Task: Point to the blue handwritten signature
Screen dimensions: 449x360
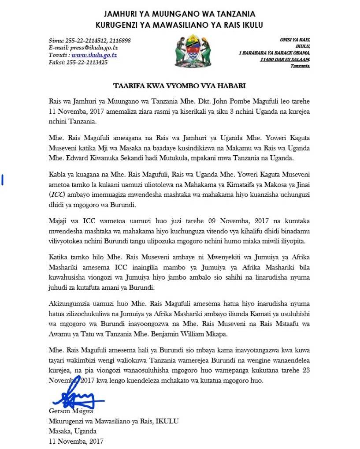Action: click(77, 397)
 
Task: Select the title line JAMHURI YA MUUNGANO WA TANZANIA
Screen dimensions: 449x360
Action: click(179, 15)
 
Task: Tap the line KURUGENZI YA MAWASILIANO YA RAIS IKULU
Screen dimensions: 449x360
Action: click(179, 25)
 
